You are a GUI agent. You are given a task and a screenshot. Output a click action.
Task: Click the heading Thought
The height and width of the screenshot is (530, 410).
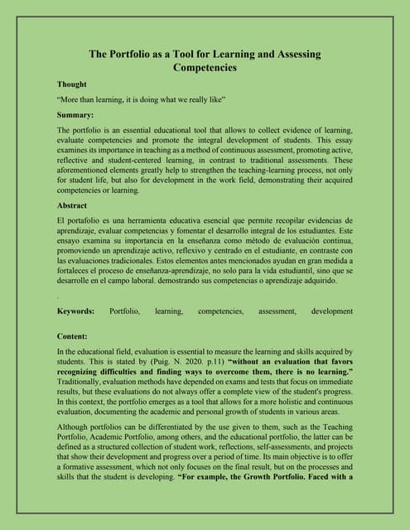pos(72,84)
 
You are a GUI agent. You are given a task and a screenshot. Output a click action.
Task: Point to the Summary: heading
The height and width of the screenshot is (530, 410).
pos(75,114)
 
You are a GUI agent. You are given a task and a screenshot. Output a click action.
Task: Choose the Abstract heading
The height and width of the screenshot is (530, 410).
pos(72,205)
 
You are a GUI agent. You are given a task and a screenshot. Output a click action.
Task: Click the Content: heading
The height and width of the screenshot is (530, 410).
pos(74,336)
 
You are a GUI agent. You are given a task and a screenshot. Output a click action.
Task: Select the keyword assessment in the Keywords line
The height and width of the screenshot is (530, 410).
pos(277,311)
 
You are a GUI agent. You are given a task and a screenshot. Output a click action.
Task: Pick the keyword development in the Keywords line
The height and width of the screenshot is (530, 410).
pos(331,311)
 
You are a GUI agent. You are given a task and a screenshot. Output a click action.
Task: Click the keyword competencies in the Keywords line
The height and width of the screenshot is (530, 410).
pos(220,311)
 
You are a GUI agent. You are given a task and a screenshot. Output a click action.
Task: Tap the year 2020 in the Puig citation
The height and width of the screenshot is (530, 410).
pos(185,362)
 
